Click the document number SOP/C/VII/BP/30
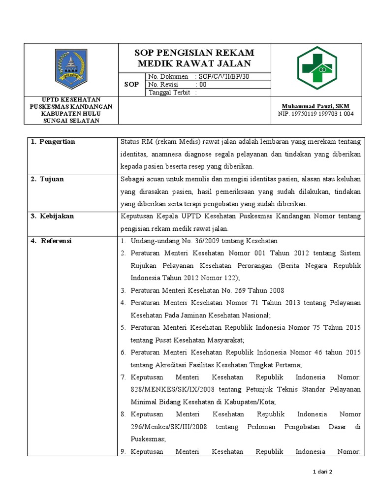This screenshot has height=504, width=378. tap(222, 76)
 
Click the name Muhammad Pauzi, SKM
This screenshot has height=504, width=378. tap(315, 106)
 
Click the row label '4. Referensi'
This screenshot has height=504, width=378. tap(51, 241)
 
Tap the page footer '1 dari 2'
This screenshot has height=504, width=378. tap(322, 472)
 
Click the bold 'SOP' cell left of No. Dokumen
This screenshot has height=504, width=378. tap(131, 84)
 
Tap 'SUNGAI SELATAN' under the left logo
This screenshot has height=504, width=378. tap(71, 121)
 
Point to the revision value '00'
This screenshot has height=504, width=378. tap(202, 84)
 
